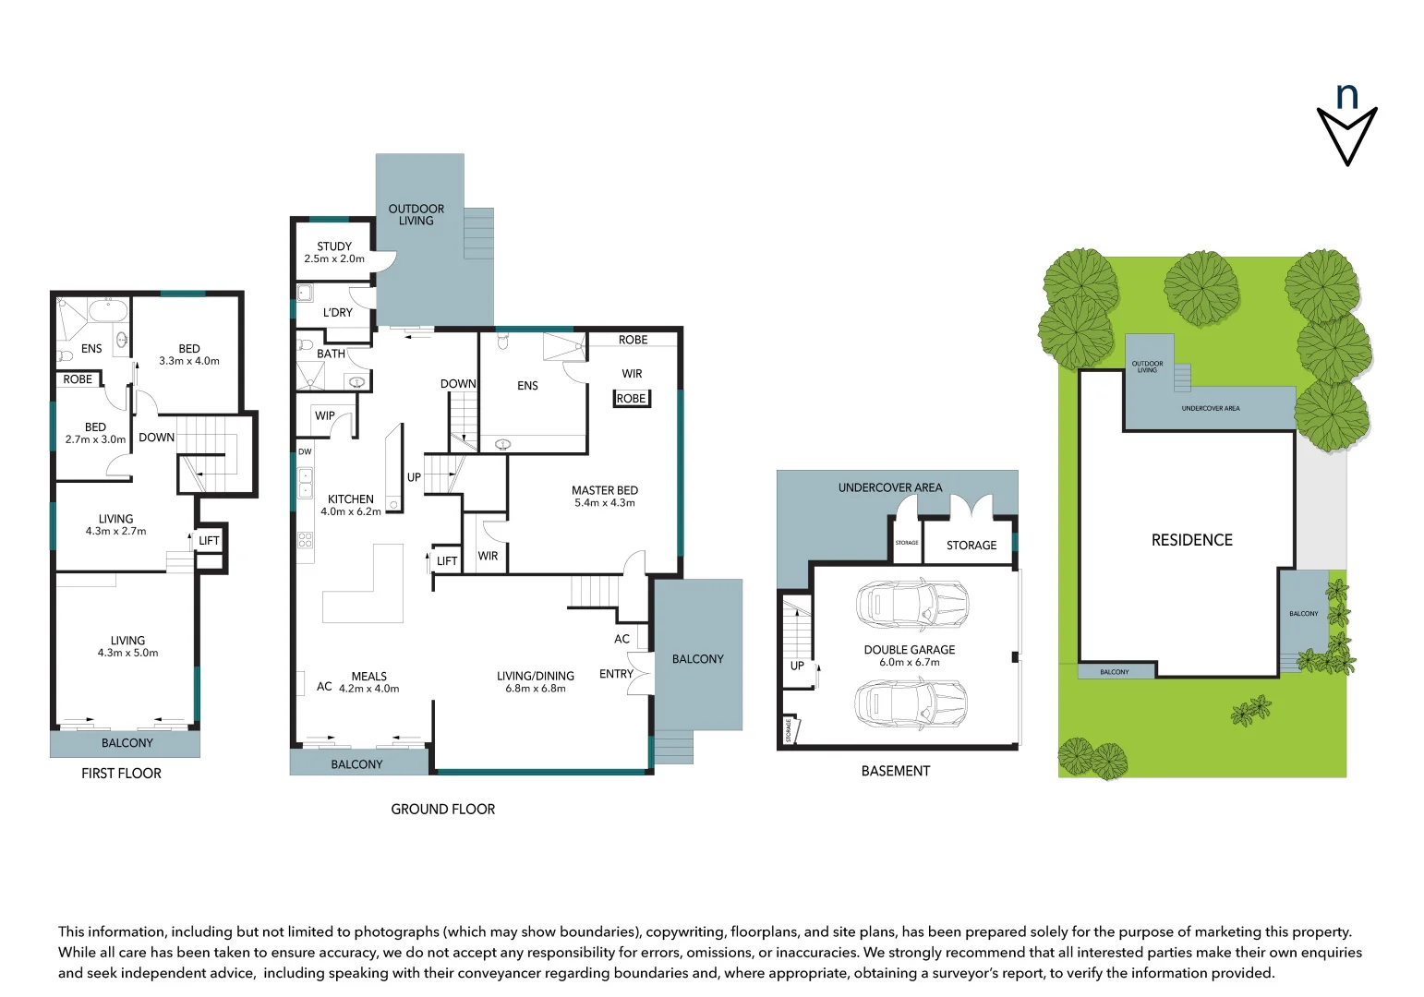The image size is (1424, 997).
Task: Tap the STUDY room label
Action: [x=334, y=246]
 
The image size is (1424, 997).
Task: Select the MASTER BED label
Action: [x=604, y=490]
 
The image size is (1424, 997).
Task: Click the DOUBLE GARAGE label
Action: [x=909, y=650]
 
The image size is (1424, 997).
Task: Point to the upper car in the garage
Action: [x=911, y=605]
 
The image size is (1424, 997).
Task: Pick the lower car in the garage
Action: [x=911, y=703]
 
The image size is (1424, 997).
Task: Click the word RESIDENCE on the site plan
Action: [x=1191, y=540]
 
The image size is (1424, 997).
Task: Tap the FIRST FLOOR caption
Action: [x=121, y=774]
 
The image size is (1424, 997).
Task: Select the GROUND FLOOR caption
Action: [x=442, y=810]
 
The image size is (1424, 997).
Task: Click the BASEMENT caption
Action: [x=895, y=771]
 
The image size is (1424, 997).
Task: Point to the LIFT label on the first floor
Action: [x=210, y=541]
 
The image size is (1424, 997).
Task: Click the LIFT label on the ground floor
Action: [x=447, y=560]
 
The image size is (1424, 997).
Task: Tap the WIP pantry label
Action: [x=325, y=415]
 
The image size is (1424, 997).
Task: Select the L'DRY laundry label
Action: [x=337, y=313]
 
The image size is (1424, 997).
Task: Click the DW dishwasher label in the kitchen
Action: [x=305, y=451]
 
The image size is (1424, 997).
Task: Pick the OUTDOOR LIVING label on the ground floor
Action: [x=416, y=215]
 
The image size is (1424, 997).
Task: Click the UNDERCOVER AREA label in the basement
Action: [x=889, y=487]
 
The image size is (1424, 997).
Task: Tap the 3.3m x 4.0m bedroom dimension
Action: [x=189, y=361]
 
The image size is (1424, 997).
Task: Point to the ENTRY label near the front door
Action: [x=616, y=674]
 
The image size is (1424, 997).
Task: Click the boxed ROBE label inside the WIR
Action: [x=632, y=399]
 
